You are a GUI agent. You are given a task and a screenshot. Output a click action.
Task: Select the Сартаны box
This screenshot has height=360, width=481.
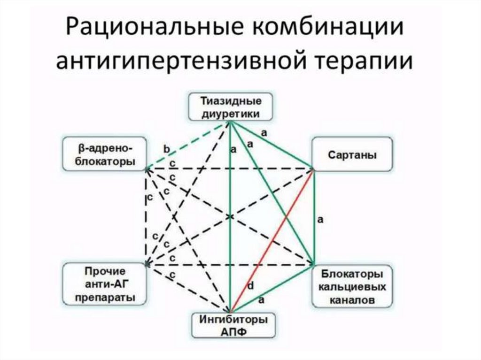pos(352,154)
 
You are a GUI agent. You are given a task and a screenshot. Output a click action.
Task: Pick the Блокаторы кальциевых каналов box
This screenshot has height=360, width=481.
pos(352,286)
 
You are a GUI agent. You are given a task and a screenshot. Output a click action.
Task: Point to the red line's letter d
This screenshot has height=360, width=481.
pos(250,285)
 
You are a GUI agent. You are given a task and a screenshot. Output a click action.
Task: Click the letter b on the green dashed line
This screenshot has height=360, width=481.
pos(166,149)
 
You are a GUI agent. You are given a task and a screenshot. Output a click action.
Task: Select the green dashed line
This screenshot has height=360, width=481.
pos(188,144)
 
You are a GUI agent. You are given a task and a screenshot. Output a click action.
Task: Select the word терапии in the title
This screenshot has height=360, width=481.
pos(362,63)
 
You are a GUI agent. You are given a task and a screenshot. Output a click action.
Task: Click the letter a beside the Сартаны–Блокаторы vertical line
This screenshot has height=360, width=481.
pos(320,219)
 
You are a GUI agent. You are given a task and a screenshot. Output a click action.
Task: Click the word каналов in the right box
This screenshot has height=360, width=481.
pos(352,299)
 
